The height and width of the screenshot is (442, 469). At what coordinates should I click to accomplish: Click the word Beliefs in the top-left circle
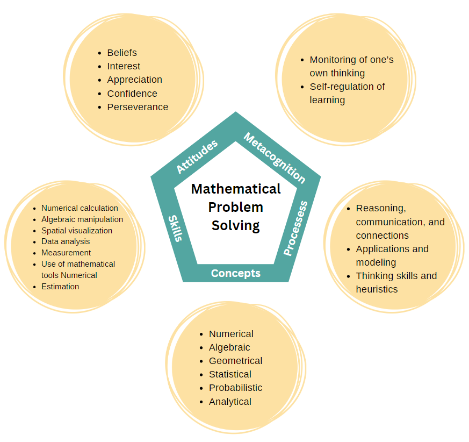coord(122,53)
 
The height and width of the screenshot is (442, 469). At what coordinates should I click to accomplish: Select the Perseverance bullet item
coord(138,107)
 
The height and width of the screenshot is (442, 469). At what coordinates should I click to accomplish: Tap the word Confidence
coord(132,94)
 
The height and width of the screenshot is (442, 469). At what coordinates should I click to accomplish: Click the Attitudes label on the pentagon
coord(197,156)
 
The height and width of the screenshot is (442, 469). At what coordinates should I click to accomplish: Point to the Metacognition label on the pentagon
coord(275,158)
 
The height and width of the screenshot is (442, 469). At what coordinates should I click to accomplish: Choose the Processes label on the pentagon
coord(295,228)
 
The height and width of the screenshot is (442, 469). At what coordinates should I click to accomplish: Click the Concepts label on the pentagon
coord(235,273)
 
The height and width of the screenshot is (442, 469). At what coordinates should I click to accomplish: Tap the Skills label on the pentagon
coord(176,228)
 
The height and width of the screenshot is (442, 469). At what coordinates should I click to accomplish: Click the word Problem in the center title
coord(236,207)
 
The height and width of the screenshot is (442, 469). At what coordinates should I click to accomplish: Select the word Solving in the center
coord(236,225)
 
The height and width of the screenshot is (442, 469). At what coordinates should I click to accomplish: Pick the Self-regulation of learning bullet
coord(347,93)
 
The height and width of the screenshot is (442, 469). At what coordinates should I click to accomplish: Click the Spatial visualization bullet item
coord(77,231)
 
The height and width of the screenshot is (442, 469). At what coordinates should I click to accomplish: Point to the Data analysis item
coord(66,241)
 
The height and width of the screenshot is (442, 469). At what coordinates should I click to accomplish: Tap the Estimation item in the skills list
coord(60,287)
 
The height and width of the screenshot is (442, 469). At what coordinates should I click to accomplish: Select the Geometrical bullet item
coord(235,361)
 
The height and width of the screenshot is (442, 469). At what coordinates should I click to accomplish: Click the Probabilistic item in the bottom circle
coord(235,388)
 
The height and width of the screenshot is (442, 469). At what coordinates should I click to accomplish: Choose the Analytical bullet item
coord(230,402)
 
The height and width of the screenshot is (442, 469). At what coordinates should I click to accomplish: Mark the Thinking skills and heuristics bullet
coord(396,282)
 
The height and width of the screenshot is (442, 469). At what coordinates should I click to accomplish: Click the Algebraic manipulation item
coord(82,219)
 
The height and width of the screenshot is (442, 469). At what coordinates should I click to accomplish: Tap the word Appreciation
coord(134,80)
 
